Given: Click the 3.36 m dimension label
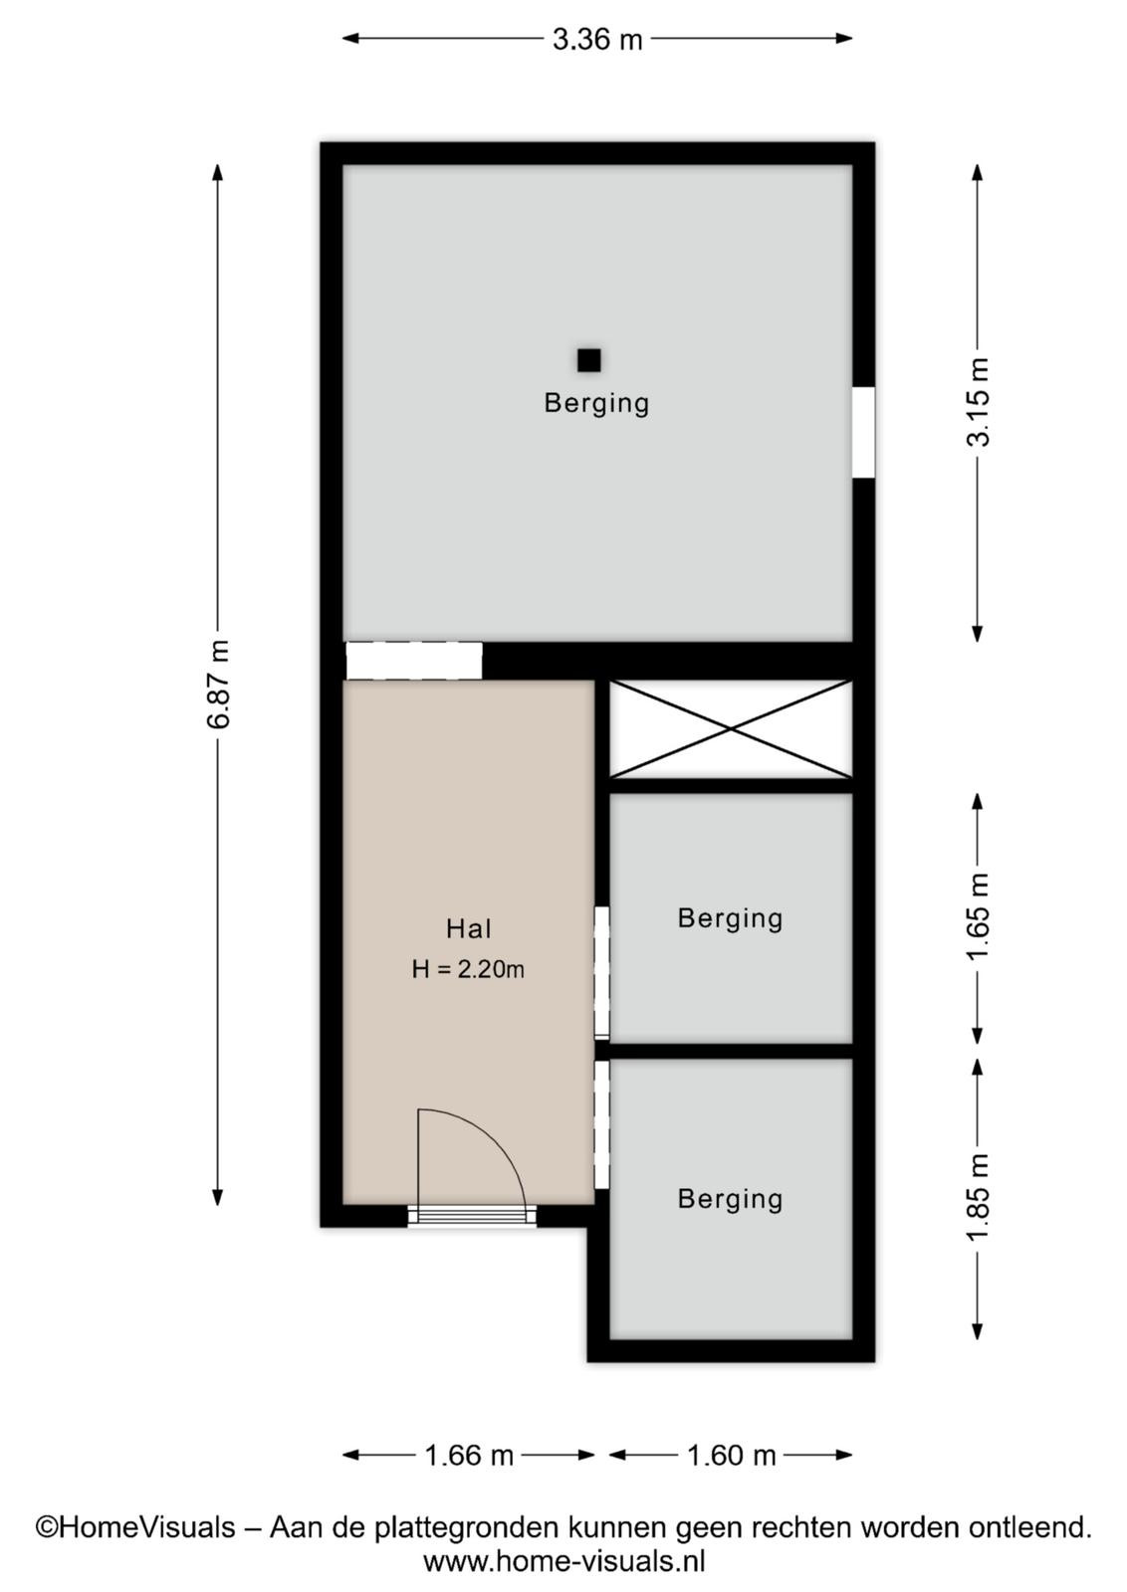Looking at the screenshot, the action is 597,40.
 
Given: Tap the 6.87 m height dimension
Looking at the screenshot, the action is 219,684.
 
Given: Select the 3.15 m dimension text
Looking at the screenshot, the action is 979,402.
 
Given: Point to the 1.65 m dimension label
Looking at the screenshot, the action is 979,916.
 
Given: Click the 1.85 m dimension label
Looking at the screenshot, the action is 979,1198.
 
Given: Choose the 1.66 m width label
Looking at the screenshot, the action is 469,1457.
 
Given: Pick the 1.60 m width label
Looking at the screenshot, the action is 731,1457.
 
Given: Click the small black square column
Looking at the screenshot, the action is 588,360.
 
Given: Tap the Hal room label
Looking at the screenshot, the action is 469,928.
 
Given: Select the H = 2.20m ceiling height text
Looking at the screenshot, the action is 468,969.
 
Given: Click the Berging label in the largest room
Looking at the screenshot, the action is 596,403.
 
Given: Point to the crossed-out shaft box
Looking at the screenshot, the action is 731,729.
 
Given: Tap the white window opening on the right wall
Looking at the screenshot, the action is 863,433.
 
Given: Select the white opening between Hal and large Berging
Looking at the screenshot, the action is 414,661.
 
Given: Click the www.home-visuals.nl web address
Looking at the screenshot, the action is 563,1562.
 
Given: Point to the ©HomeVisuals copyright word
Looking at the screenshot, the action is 135,1526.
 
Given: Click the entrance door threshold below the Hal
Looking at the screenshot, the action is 472,1215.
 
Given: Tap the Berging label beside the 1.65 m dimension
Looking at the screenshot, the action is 730,918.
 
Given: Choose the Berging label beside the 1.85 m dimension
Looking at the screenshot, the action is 730,1199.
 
